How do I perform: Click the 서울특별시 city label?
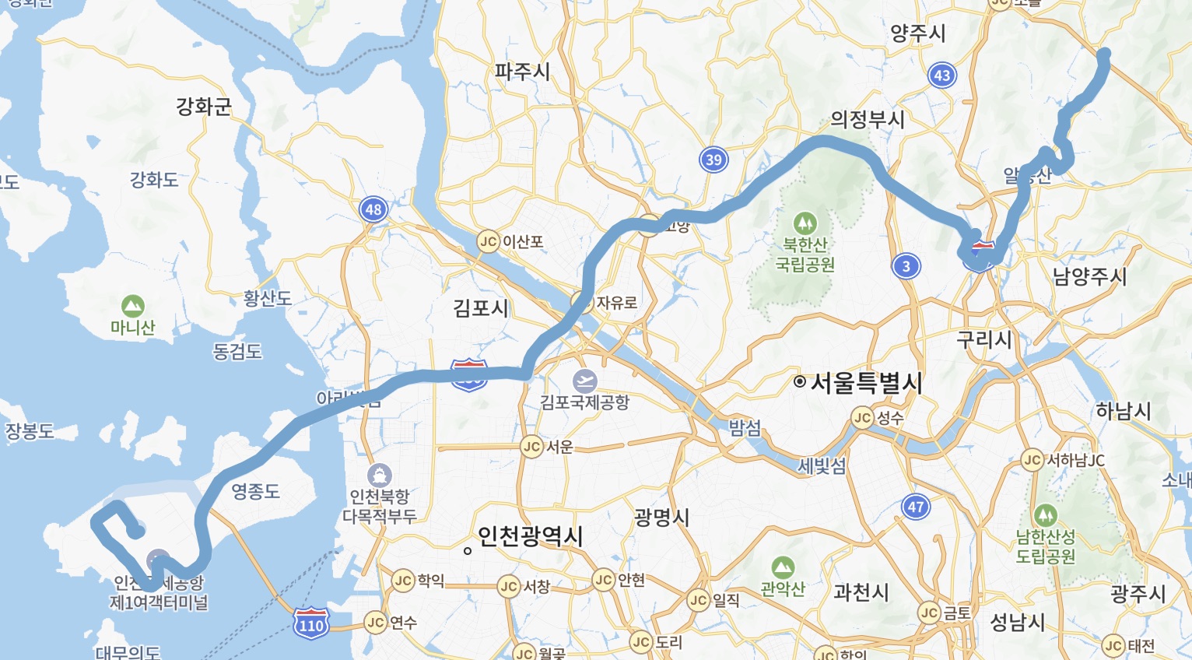coord(866,382)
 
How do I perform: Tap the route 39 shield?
coord(713,160)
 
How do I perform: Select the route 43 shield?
coord(942,75)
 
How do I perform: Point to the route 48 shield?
coord(373,209)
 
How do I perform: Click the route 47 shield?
coord(916,507)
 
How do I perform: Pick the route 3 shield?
coord(906,266)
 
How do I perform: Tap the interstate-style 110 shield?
coord(311,623)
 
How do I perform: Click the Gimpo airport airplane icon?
coord(584,381)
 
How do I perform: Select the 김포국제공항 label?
coord(584,402)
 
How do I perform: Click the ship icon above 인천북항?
coord(379,475)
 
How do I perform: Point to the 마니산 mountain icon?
coord(132,305)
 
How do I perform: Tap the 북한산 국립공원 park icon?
coord(805,223)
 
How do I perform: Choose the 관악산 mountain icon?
coord(783,567)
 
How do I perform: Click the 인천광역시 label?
coord(530,535)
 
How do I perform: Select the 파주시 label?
coord(522,72)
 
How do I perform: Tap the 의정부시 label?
coord(868,119)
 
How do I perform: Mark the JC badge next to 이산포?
coord(488,241)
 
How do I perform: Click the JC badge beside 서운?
coord(531,447)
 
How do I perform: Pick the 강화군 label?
coord(204,106)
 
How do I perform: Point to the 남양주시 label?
coord(1089,276)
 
